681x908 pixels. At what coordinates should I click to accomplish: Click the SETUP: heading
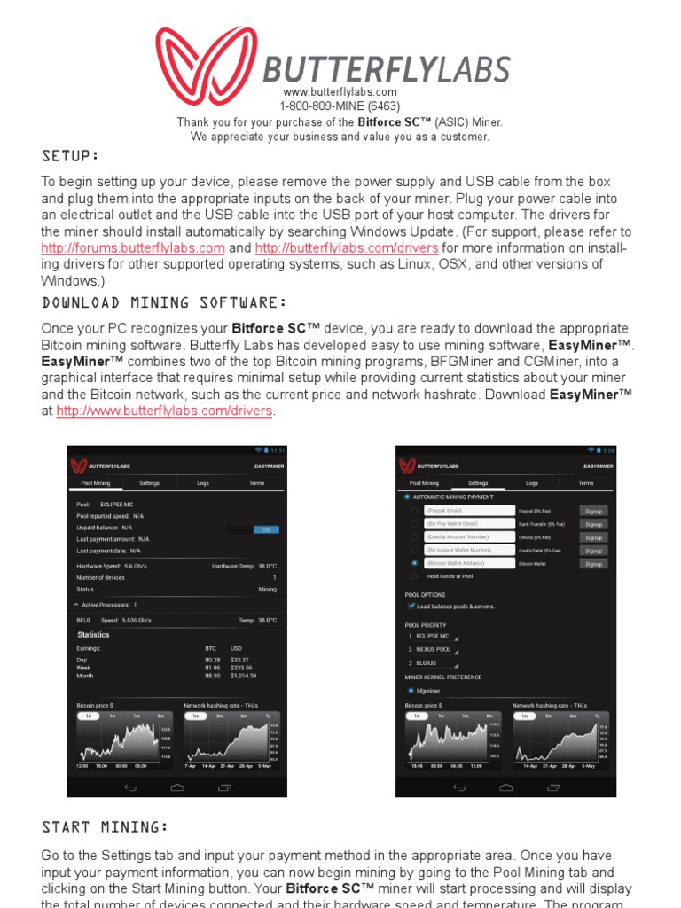coord(71,157)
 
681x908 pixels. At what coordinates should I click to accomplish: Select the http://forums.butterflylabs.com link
coord(133,248)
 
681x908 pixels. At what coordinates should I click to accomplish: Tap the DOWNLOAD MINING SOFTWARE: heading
coord(164,303)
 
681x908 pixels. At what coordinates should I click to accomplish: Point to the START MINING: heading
coord(105,827)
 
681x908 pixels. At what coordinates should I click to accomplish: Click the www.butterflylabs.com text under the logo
coord(340,92)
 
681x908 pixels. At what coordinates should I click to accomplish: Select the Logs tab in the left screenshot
coord(203,483)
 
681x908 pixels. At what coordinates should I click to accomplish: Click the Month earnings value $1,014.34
coord(242,676)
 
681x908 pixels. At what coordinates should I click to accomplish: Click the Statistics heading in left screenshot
coord(93,635)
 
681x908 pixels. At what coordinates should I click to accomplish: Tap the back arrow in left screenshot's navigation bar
coord(130,787)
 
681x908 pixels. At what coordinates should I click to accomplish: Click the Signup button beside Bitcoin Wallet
coord(593,564)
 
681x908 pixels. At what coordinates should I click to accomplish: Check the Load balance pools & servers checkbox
coord(411,607)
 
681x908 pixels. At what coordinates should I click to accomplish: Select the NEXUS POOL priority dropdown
coord(434,649)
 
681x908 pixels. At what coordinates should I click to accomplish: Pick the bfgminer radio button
coord(411,690)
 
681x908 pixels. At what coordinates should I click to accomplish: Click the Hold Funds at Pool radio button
coord(414,576)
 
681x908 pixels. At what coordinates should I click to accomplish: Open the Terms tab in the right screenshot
coord(586,483)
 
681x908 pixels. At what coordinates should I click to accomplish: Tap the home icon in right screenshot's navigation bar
coord(506,787)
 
